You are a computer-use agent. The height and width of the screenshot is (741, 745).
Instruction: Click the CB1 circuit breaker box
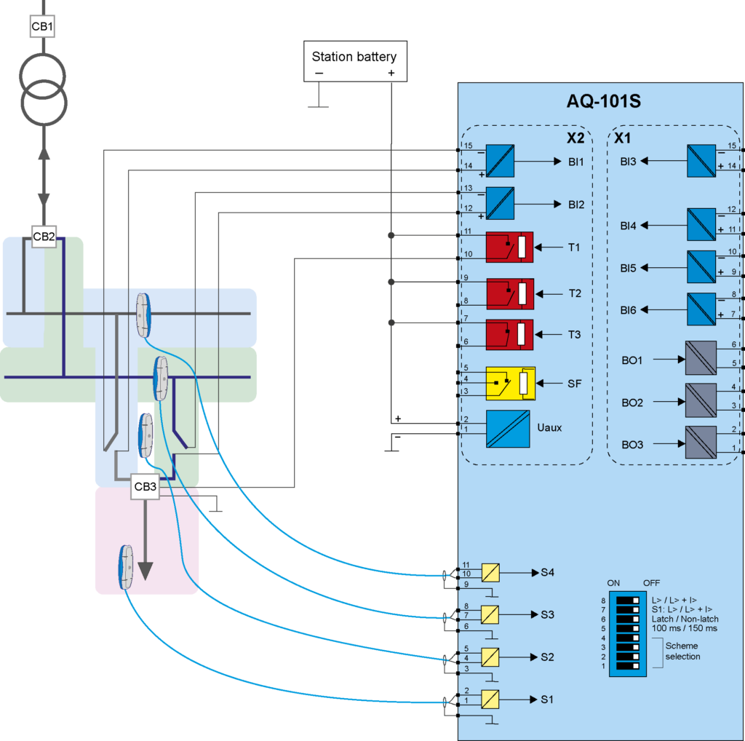(42, 28)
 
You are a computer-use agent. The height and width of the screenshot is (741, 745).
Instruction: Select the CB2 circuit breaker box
(44, 237)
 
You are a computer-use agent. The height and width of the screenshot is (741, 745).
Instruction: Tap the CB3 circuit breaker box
(146, 487)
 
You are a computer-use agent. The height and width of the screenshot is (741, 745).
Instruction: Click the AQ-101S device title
(603, 101)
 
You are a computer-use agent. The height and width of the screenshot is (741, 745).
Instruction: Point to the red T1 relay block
(509, 247)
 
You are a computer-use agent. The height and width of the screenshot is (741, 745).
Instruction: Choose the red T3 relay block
(509, 335)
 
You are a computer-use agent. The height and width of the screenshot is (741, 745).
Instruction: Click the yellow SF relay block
(510, 383)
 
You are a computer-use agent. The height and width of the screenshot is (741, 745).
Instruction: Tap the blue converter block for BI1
(500, 162)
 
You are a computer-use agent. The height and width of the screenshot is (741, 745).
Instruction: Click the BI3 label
(628, 162)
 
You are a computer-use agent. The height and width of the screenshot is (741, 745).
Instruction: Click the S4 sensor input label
(547, 573)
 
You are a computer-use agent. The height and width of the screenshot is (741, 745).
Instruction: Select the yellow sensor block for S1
(491, 700)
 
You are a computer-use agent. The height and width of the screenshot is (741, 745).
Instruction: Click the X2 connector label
(575, 138)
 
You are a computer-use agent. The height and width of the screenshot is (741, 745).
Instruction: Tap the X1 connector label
(623, 138)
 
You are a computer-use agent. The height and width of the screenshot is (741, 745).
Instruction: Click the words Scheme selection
(682, 651)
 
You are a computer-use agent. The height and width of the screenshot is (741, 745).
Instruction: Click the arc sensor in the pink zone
(127, 568)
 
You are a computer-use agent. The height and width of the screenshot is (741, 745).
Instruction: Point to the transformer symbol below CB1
(43, 89)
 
